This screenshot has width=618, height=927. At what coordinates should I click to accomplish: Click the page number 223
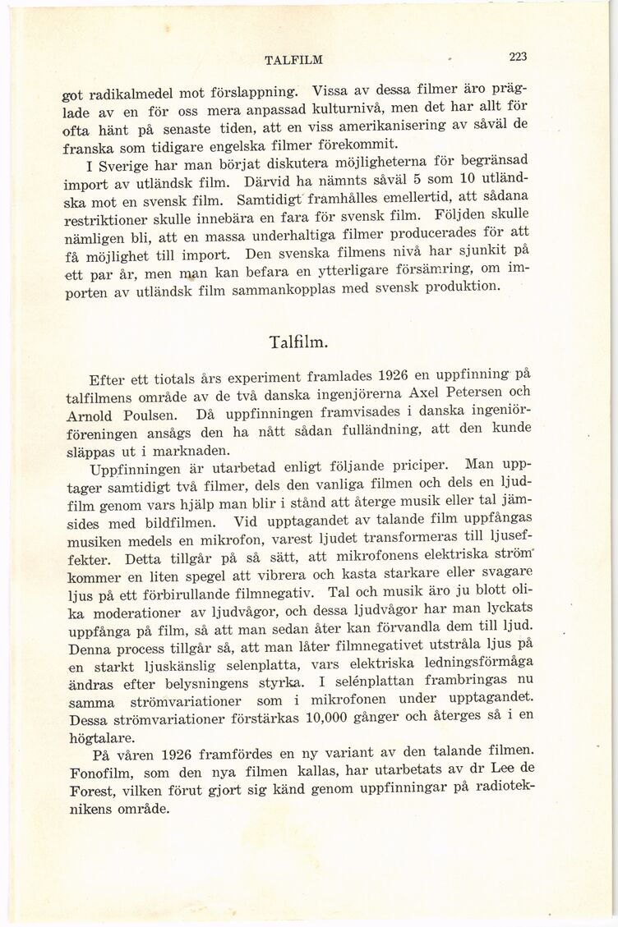coord(517,57)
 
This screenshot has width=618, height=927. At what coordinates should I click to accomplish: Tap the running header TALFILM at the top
coord(293,59)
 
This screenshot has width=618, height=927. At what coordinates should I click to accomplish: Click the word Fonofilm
coord(98,772)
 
